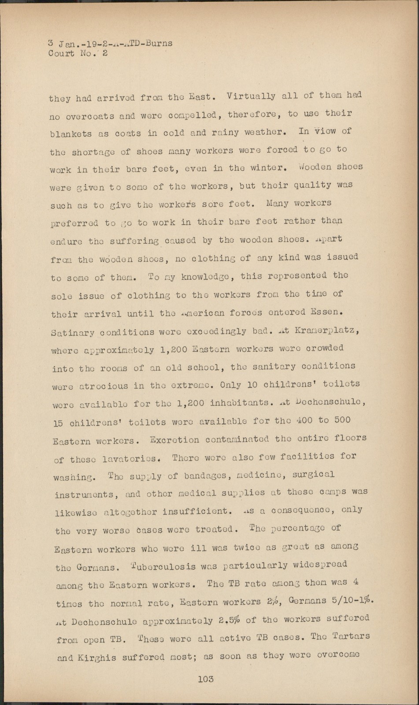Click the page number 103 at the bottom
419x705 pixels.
point(205,679)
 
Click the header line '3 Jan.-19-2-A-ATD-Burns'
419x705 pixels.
point(110,44)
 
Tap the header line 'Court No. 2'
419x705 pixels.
point(78,54)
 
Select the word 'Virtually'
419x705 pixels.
point(251,96)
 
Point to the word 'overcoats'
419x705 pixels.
point(90,117)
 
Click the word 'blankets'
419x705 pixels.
point(71,134)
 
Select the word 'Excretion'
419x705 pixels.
point(174,440)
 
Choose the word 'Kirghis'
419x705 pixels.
point(96,658)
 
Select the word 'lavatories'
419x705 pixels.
point(130,459)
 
